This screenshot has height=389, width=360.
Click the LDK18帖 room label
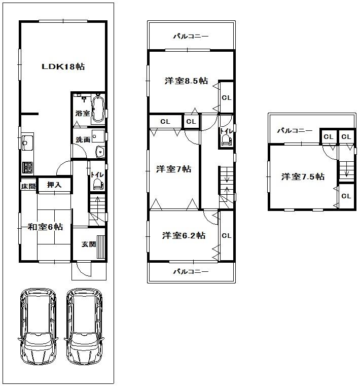(63, 66)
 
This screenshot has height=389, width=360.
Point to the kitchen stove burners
(27, 167)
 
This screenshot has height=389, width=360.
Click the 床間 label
(28, 186)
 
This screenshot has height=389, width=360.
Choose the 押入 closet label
(54, 186)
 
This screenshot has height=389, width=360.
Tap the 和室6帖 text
(45, 227)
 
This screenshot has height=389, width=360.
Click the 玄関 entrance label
(88, 244)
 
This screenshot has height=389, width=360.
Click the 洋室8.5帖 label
(186, 81)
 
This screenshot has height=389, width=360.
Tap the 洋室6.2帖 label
(184, 235)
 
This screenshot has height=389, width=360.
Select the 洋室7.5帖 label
(303, 176)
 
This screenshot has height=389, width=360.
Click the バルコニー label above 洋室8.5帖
(191, 36)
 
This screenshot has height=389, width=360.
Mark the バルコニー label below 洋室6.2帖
(191, 271)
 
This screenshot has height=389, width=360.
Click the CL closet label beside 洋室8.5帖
(226, 98)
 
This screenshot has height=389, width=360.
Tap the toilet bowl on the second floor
(226, 143)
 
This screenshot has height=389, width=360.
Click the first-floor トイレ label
(96, 175)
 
